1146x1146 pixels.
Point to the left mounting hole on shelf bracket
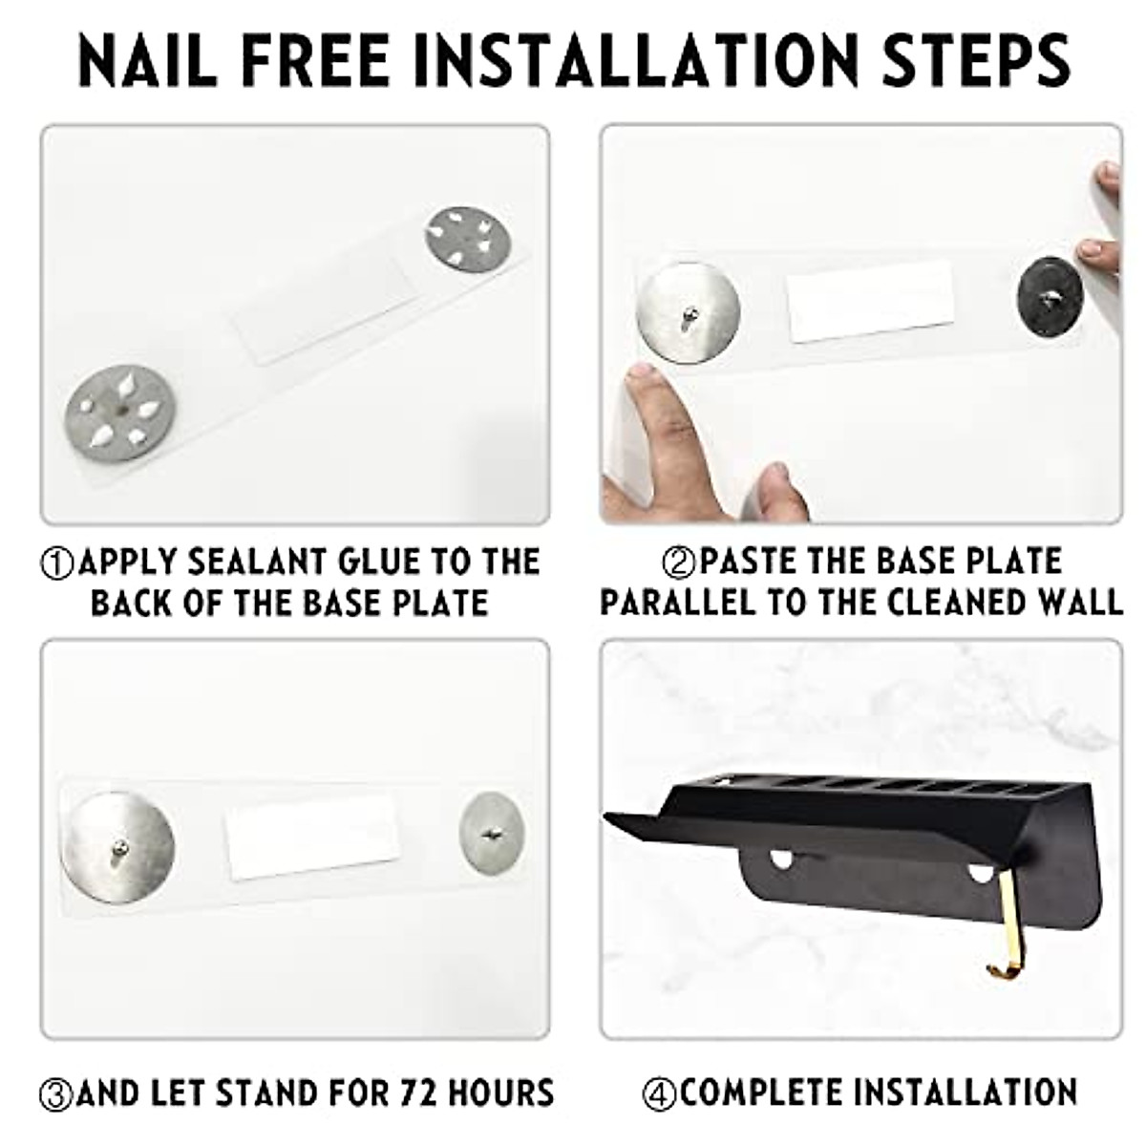point(783,859)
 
